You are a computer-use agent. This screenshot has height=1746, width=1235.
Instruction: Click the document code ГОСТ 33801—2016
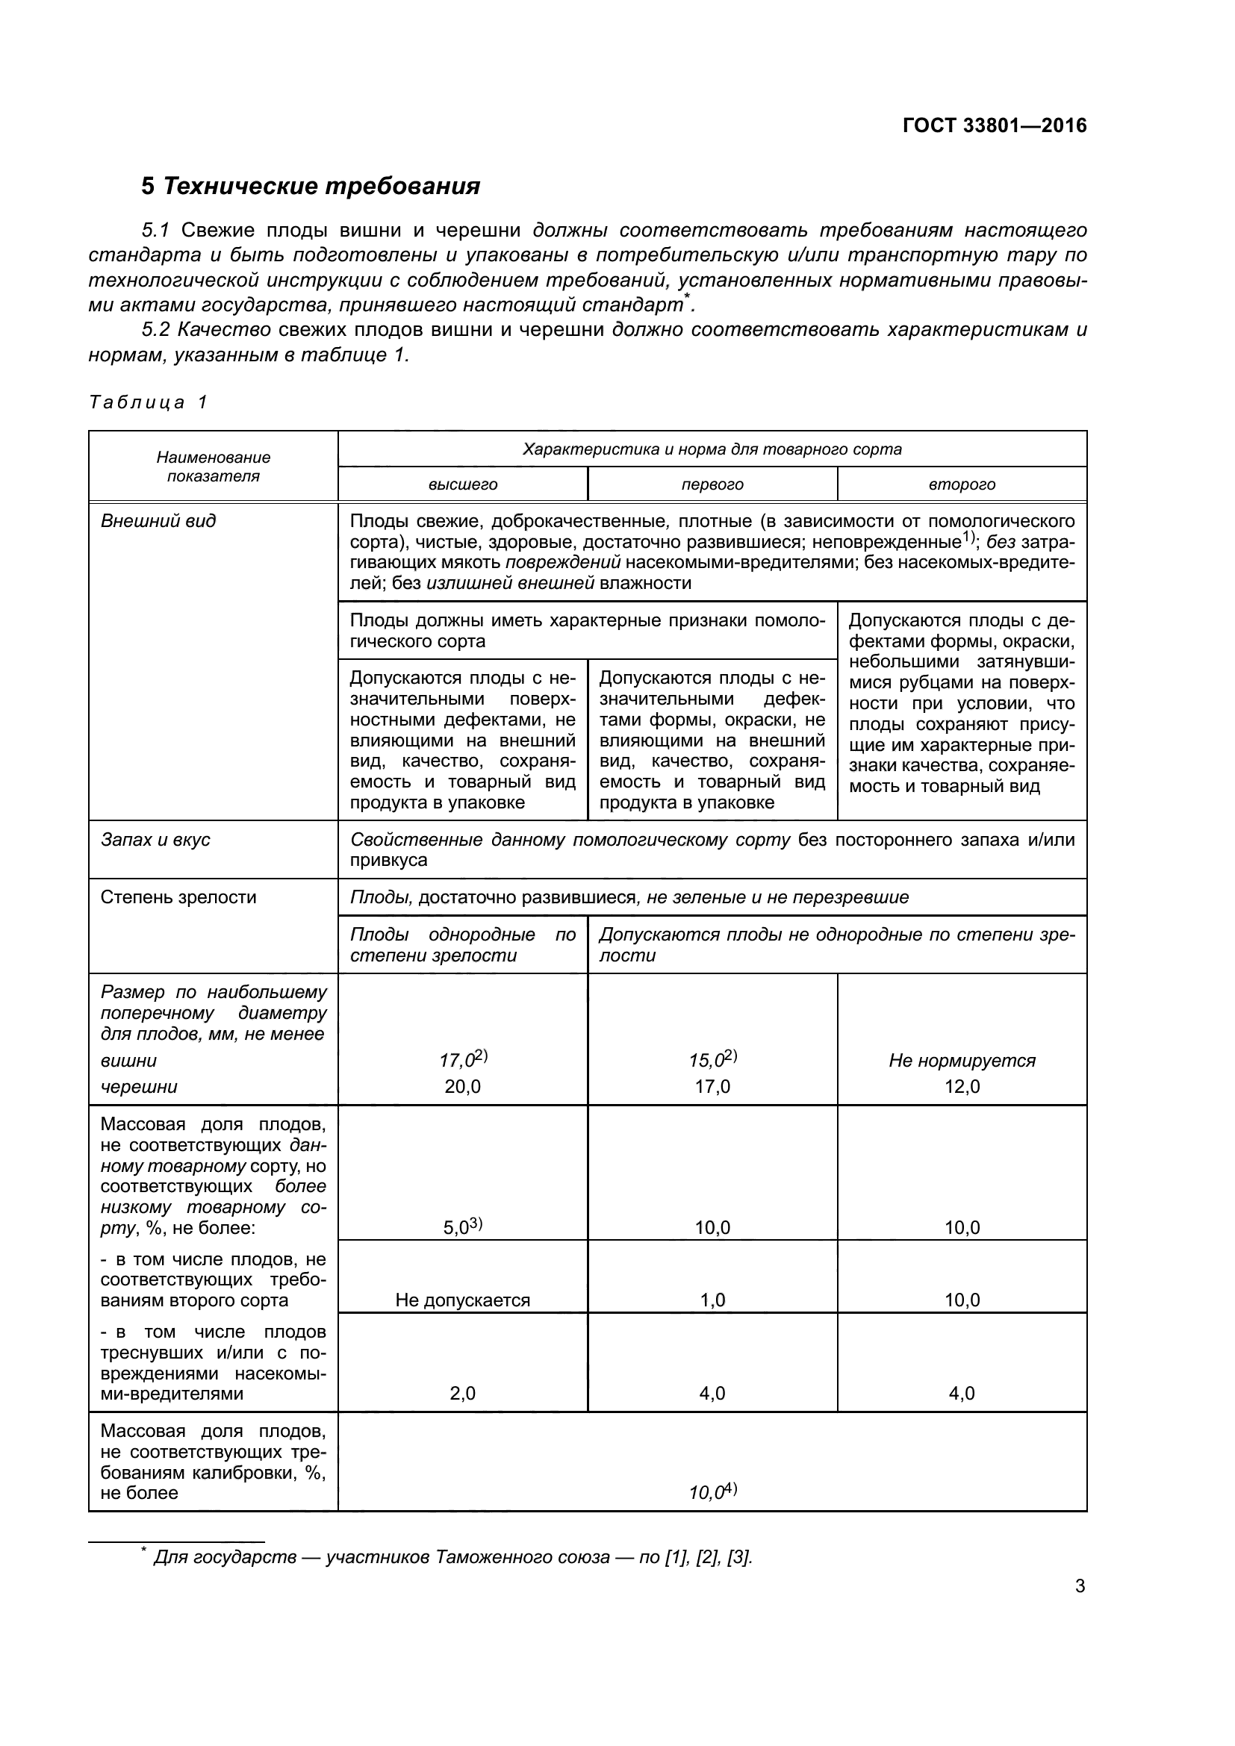coord(994,125)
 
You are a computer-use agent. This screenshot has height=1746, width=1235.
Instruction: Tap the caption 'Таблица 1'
coord(148,402)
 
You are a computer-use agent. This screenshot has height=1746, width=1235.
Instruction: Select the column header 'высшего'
coord(462,484)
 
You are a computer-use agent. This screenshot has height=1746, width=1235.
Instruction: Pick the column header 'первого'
coord(712,484)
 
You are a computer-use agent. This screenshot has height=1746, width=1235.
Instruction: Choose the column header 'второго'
coord(961,484)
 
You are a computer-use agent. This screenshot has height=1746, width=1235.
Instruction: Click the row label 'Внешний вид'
coord(158,521)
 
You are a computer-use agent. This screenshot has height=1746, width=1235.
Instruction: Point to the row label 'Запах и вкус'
coord(155,840)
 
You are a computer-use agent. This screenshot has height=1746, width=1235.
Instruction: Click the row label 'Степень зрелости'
coord(178,897)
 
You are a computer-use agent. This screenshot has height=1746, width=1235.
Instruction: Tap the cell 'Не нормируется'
coord(961,1061)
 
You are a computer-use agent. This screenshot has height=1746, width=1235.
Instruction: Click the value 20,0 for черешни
coord(462,1087)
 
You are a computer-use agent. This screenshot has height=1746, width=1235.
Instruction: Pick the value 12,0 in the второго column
coord(961,1087)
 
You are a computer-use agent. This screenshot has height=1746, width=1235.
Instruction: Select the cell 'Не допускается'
coord(462,1300)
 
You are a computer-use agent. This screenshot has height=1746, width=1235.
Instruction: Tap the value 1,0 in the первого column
coord(712,1300)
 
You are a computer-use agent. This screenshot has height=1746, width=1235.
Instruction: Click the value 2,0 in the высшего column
coord(462,1394)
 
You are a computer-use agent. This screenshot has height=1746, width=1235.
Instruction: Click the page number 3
coord(1079,1586)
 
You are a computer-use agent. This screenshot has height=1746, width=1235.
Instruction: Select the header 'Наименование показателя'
coord(213,467)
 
